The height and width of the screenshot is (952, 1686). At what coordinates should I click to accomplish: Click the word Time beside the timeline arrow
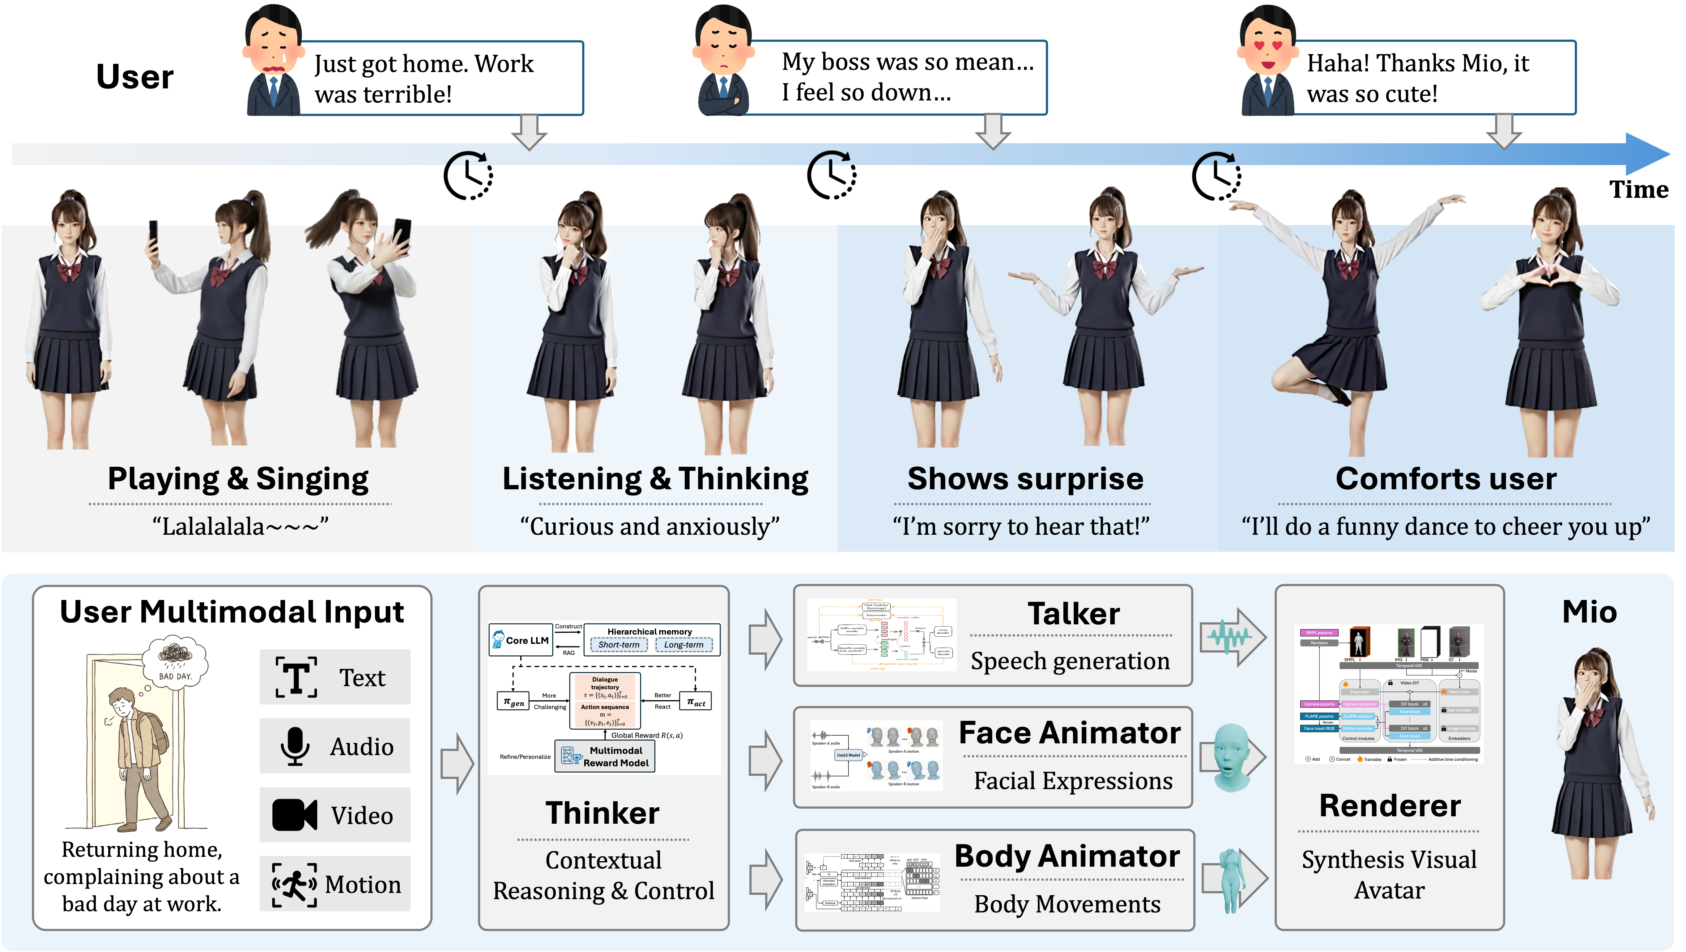(1638, 190)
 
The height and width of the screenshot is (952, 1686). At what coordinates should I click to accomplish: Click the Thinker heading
(603, 813)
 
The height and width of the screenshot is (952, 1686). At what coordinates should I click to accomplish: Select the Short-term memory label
(619, 644)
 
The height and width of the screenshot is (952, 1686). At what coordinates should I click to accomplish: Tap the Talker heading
(1073, 614)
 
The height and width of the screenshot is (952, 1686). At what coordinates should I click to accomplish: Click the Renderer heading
(1390, 805)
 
